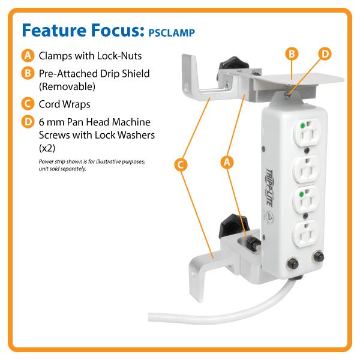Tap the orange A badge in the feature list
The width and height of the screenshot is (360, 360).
[x=28, y=56]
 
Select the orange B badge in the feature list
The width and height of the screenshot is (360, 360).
[x=28, y=73]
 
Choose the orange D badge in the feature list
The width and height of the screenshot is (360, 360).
[x=28, y=122]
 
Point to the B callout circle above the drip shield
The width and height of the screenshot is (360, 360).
[x=292, y=54]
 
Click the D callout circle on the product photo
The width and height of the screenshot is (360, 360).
[x=325, y=54]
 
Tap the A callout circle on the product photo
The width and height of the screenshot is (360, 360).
[x=227, y=162]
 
